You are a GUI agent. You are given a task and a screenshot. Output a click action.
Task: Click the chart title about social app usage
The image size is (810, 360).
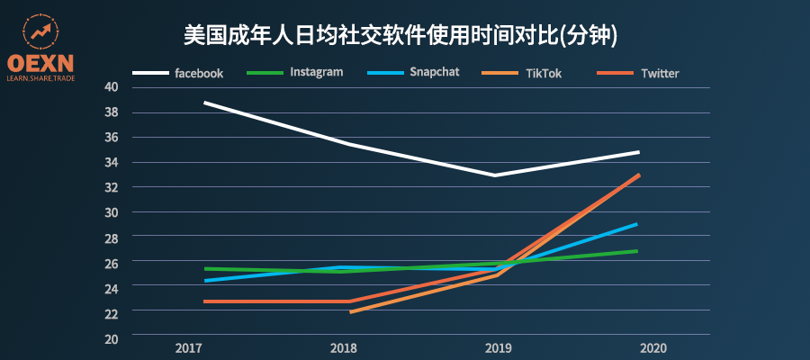pyautogui.click(x=405, y=35)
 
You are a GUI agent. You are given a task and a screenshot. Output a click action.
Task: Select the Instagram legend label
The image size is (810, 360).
pyautogui.click(x=316, y=72)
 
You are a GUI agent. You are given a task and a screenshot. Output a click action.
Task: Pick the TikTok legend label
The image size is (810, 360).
pyautogui.click(x=544, y=73)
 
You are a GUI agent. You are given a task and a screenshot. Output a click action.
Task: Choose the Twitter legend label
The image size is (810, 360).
pyautogui.click(x=660, y=73)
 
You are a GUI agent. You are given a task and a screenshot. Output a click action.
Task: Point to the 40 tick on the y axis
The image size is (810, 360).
pyautogui.click(x=112, y=87)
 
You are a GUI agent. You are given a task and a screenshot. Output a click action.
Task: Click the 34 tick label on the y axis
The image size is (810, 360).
pyautogui.click(x=112, y=162)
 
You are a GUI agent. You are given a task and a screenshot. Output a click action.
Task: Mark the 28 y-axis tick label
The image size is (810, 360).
pyautogui.click(x=112, y=238)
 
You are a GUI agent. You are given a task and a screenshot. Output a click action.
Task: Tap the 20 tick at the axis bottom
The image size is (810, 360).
pyautogui.click(x=112, y=337)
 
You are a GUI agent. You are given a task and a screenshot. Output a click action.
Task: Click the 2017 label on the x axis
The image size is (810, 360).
pyautogui.click(x=188, y=348)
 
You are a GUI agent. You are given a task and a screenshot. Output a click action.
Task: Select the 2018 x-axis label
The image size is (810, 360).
pyautogui.click(x=344, y=348)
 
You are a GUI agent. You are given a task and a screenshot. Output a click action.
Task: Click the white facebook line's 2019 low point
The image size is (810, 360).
pyautogui.click(x=494, y=175)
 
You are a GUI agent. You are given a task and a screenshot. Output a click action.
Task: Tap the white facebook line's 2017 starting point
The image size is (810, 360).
pyautogui.click(x=205, y=103)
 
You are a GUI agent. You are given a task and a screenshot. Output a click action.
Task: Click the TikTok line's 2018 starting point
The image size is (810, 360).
pyautogui.click(x=350, y=311)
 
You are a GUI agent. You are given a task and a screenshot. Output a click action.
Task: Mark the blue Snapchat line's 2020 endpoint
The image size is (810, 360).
pyautogui.click(x=636, y=224)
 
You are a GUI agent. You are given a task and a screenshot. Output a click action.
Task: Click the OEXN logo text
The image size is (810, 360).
pyautogui.click(x=40, y=62)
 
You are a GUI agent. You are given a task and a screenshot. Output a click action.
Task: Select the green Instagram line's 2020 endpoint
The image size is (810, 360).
pyautogui.click(x=636, y=251)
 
